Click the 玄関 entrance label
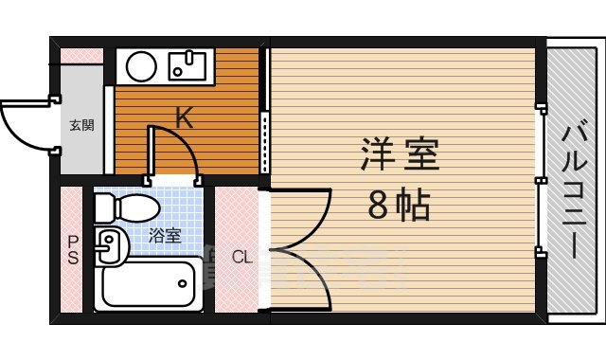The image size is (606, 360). (80, 125)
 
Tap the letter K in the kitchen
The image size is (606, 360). (184, 117)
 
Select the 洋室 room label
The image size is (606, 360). (399, 154)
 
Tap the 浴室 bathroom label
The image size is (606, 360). (166, 235)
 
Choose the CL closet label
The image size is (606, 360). (242, 256)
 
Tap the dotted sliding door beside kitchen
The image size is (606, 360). (264, 142)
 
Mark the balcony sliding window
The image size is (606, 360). (541, 180)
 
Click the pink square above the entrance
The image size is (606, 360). (80, 54)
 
